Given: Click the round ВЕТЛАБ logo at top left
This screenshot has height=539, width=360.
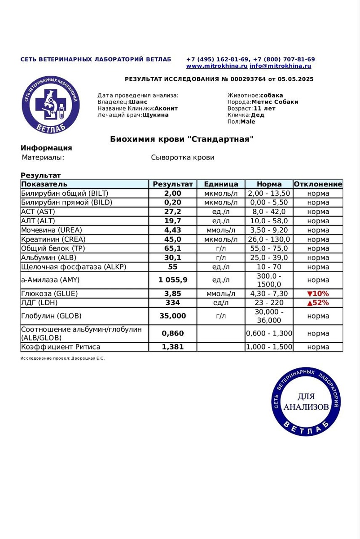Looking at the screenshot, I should pos(51,106).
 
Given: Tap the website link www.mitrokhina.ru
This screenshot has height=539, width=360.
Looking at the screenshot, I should pos(217,66).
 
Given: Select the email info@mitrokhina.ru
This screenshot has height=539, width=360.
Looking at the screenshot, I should pos(280,66).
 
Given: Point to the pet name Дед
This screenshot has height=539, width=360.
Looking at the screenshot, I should pos(257,115).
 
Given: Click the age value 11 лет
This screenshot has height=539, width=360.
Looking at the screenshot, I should pos(264,108).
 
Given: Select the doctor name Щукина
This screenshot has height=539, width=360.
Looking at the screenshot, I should pos(155,115).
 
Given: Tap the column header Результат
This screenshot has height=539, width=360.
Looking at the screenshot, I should pos(173,184).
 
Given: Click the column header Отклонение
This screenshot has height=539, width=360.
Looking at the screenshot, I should pos(318,184).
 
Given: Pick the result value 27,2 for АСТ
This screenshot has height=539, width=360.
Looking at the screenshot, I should pos(173,212).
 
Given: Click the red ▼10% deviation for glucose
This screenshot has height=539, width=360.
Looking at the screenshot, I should pos(318,294).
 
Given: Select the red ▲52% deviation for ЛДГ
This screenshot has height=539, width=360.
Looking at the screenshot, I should pos(318,303).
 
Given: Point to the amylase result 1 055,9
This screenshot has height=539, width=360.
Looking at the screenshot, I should pos(173,280).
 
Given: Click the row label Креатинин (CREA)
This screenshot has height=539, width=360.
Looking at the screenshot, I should pos(53,239).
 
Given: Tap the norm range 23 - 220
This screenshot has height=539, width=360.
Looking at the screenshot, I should pos(269,303).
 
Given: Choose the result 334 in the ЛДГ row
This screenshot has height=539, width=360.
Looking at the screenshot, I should pos(173,303).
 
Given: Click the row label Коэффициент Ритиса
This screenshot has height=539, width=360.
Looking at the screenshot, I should pos(61,347).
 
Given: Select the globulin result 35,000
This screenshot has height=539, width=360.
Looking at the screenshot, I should pos(173,316).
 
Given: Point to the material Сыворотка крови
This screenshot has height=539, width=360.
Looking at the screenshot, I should pos(183,158).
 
